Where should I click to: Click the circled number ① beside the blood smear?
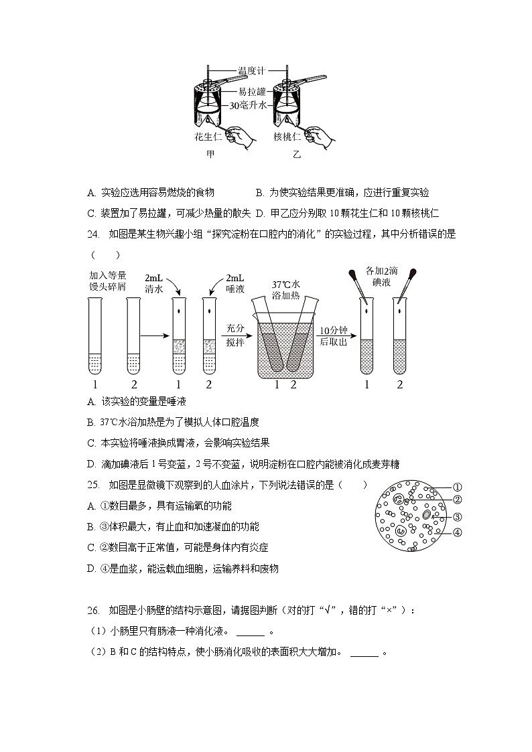458,487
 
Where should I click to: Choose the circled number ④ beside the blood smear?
458,532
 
